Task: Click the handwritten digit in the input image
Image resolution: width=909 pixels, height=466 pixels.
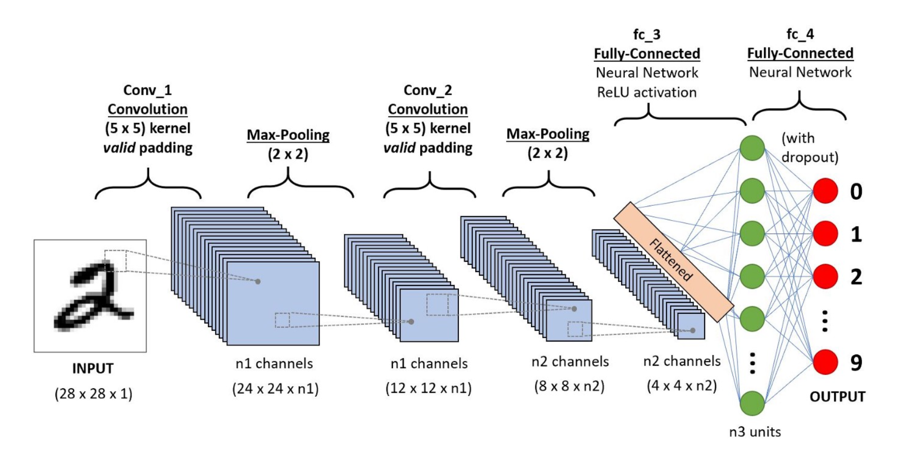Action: coord(92,297)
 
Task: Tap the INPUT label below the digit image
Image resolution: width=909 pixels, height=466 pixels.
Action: coord(93,368)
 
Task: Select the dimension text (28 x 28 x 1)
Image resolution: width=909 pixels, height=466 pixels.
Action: coord(93,394)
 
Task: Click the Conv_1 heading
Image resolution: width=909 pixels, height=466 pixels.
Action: coord(147,90)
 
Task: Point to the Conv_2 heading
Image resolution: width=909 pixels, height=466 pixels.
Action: coord(428,90)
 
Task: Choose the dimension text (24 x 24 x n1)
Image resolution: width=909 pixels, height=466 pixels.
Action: coord(275,389)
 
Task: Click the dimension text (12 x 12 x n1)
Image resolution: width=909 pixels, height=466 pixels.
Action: coord(429,388)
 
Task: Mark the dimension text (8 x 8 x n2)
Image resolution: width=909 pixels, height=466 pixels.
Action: coord(569,386)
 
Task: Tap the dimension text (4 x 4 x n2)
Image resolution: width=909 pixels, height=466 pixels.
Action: coord(682,386)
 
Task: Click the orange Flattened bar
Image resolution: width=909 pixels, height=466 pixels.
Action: coord(673,261)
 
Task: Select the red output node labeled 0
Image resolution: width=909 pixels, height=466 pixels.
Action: coord(825,191)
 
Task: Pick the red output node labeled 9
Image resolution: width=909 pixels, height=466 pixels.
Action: coord(825,362)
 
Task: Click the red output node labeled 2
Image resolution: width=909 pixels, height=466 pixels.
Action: coord(825,277)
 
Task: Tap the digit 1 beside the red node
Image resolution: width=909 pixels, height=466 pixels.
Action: coord(856,234)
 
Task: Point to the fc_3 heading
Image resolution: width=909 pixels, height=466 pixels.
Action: coord(647,35)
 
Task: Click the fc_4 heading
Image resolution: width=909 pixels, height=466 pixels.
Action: coord(800,34)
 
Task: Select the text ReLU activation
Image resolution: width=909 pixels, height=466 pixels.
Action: coord(647,93)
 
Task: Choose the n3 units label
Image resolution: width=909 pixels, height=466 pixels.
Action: coord(755,432)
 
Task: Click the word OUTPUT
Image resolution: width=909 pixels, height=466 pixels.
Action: coord(838,397)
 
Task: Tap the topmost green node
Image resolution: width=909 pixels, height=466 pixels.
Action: coord(752,148)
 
